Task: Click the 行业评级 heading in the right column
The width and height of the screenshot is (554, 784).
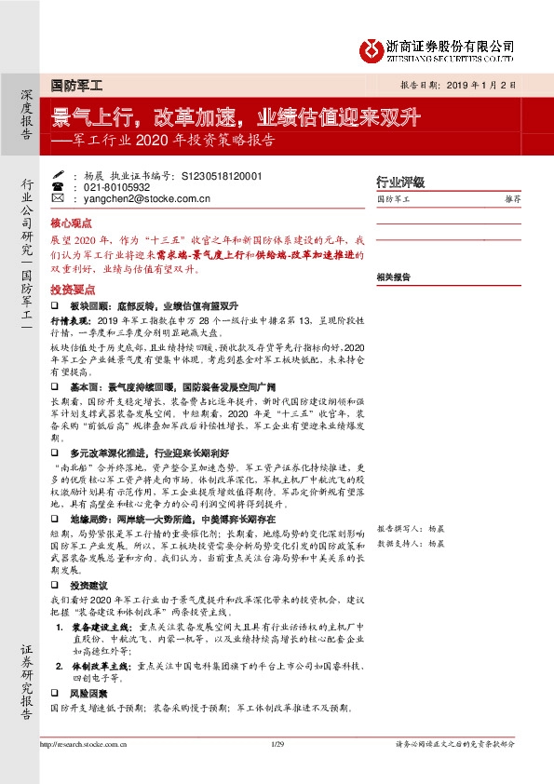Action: pos(399,182)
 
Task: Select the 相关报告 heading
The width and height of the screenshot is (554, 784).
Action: pos(394,277)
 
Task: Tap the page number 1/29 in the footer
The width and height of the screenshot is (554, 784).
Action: pos(276,744)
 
